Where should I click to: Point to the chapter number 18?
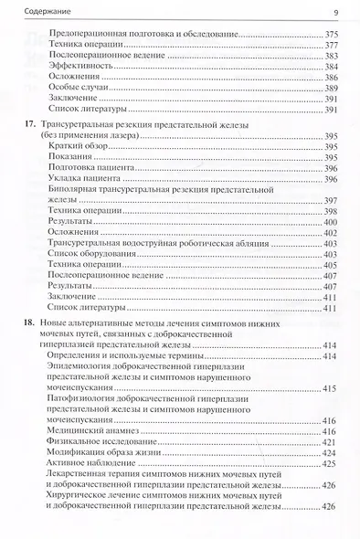29,323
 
